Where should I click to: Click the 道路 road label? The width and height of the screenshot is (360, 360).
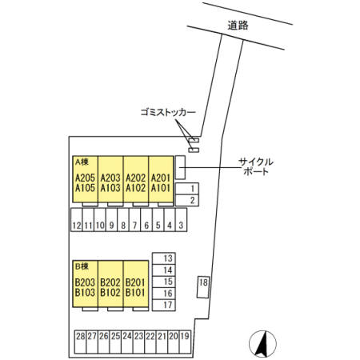coord(238,26)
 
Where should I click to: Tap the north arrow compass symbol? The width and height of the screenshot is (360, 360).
coord(262,344)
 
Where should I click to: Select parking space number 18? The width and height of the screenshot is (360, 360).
coord(203,287)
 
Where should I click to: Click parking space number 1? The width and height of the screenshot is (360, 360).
coord(187,189)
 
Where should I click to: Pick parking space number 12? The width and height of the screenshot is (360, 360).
coord(77,220)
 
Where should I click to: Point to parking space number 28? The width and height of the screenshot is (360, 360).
coord(80,342)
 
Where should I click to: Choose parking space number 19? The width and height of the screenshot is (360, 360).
coord(185,342)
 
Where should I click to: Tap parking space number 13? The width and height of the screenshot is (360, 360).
coord(164,258)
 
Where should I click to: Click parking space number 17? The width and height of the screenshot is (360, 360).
coord(164,305)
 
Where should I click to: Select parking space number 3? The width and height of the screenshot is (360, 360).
coord(181,220)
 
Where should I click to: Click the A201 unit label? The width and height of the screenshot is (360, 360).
coord(161,178)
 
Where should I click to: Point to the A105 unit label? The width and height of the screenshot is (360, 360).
coord(85,188)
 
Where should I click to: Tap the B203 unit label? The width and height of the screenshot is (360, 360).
coord(85,282)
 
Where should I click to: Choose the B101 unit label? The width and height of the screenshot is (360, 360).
coord(135,293)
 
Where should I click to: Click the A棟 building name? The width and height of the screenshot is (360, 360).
coord(82,162)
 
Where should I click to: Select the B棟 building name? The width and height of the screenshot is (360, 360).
coord(82,266)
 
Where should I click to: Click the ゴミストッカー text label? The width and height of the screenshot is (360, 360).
coord(168,112)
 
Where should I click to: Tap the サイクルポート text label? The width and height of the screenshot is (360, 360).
coord(256,166)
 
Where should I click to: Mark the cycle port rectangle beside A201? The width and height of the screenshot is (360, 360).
coord(180,167)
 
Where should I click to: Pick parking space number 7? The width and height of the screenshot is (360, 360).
coord(134,220)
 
